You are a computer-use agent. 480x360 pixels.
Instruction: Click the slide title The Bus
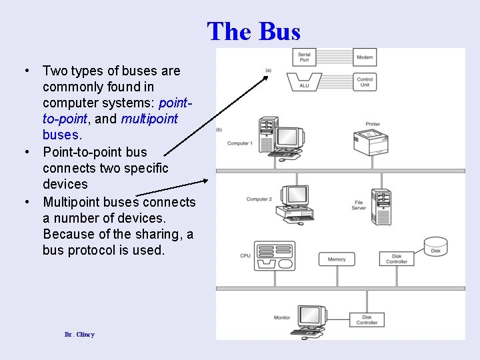tap(253, 31)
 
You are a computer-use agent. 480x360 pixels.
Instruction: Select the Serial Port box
tap(304, 57)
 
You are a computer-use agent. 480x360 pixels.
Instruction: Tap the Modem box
tap(365, 57)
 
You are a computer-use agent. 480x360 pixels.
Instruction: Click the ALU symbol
tap(304, 81)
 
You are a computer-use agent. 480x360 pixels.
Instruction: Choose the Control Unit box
tap(365, 81)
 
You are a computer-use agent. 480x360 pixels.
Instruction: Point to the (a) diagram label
tap(268, 70)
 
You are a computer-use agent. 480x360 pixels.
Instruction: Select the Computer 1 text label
tap(240, 143)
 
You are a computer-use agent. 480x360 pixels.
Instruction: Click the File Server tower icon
tap(383, 206)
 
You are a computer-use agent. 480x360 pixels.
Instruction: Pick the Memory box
tap(337, 259)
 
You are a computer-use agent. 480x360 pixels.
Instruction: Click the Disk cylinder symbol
tap(435, 247)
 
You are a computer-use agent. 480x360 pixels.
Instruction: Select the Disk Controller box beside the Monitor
tap(367, 320)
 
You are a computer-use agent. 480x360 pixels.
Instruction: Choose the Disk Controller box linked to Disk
tap(396, 259)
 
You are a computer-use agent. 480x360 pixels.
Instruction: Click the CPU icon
tap(275, 255)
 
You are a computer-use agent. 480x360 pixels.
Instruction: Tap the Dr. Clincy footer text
tap(79, 334)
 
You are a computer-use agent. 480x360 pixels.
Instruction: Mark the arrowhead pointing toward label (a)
tap(266, 77)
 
